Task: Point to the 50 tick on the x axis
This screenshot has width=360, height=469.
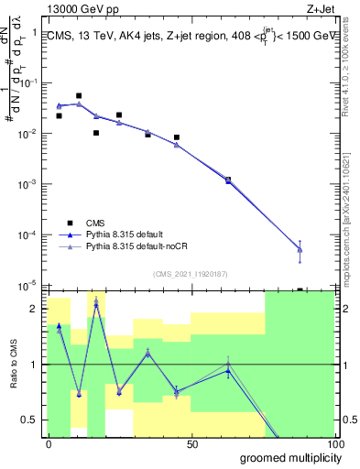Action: coord(192,444)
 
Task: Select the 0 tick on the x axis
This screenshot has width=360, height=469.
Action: coord(49,444)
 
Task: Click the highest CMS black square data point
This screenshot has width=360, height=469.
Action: coord(79,95)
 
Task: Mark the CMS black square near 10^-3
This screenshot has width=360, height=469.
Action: coord(228,180)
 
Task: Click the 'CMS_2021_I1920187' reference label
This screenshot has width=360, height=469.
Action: coord(191,273)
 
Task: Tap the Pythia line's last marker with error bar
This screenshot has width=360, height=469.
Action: coord(300,249)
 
